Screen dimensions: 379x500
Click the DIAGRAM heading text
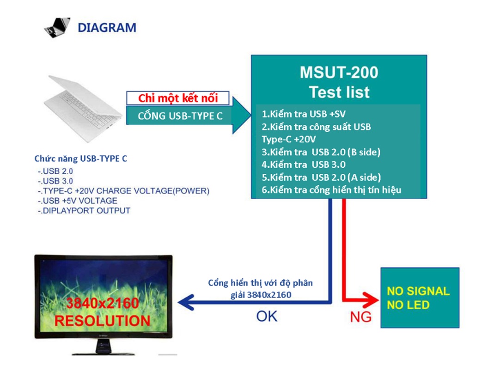click(x=107, y=28)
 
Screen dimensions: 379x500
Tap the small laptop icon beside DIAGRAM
click(x=57, y=27)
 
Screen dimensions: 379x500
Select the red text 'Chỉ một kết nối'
click(x=178, y=98)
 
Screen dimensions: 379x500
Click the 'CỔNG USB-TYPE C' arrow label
click(x=180, y=116)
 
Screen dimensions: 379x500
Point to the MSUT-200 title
click(x=339, y=73)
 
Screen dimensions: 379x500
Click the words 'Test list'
click(x=339, y=92)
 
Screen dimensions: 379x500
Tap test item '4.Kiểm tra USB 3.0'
click(x=304, y=164)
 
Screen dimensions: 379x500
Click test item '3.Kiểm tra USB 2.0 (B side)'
click(x=321, y=152)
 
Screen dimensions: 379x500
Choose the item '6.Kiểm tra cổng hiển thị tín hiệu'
click(x=331, y=189)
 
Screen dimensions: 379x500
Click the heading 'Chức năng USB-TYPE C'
click(x=81, y=159)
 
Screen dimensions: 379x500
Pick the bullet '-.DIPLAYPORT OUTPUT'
click(x=84, y=211)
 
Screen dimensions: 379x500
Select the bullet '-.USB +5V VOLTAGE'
click(x=78, y=201)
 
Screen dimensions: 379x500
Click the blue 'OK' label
click(x=267, y=316)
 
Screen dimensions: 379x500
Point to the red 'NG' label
click(x=360, y=318)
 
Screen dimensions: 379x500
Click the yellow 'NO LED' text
click(x=408, y=305)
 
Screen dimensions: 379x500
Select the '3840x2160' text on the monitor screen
click(x=102, y=304)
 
